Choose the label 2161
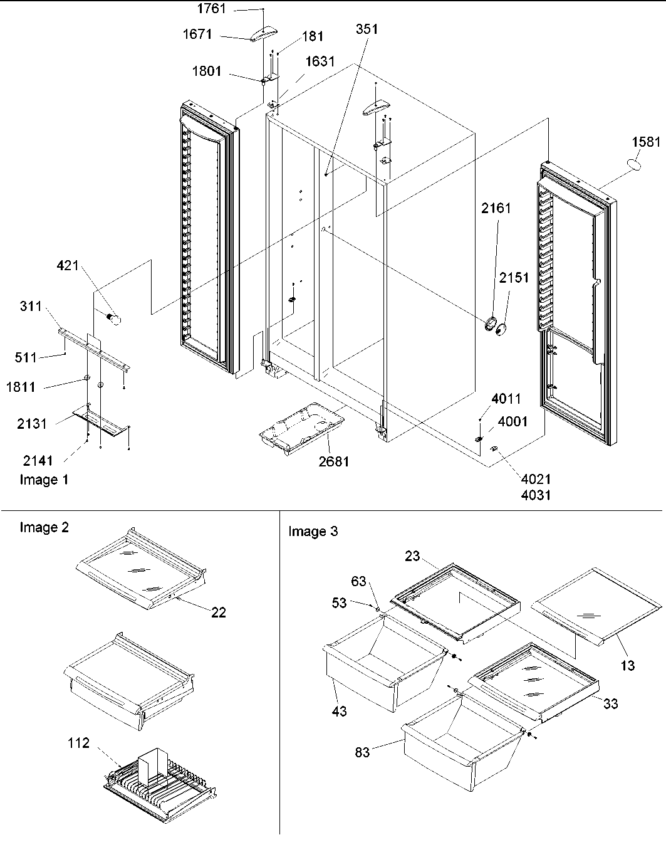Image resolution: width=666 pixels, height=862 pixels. tap(496, 208)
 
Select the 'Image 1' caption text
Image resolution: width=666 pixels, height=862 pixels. tap(44, 480)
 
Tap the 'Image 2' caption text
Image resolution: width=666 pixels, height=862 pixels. tap(44, 527)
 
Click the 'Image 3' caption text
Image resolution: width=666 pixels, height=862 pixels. tap(313, 532)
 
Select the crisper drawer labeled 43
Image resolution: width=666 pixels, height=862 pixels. tap(376, 665)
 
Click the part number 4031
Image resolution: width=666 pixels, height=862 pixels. tap(536, 496)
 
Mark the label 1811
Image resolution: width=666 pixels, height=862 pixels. tap(21, 387)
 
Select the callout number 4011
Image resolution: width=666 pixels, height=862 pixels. tap(506, 399)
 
